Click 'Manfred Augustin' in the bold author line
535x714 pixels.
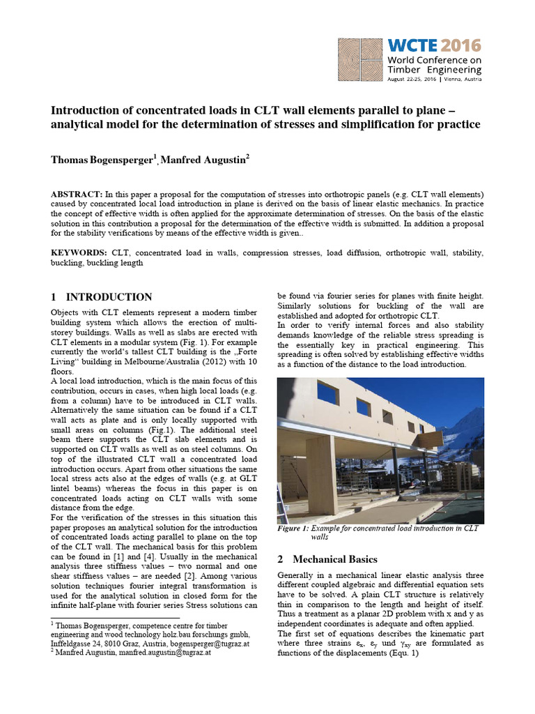click(x=202, y=160)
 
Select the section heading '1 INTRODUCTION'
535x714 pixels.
click(x=102, y=297)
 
